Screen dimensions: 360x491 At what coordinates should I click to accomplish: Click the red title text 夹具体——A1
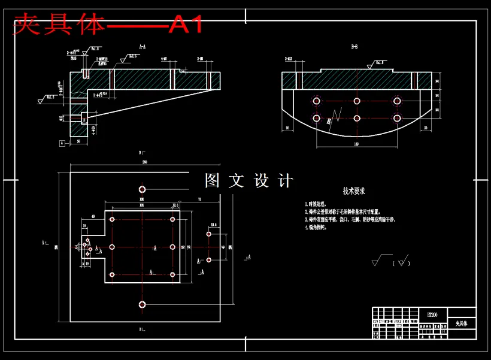click(108, 25)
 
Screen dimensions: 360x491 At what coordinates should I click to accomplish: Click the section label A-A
click(143, 46)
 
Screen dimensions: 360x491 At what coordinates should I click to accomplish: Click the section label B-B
click(355, 46)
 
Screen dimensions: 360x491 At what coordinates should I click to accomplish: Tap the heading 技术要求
click(354, 191)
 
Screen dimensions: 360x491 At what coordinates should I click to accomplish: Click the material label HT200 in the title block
click(431, 313)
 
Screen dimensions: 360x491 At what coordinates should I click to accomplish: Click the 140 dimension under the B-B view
click(356, 144)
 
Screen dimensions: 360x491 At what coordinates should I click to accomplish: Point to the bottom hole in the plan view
click(142, 304)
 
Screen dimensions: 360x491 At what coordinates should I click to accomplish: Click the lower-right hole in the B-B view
click(396, 118)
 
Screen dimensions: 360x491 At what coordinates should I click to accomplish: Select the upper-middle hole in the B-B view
click(357, 101)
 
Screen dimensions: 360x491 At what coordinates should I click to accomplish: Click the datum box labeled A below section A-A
click(62, 143)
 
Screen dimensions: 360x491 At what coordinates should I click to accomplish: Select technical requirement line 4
click(318, 228)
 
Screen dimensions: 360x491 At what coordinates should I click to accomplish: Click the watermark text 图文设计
click(248, 181)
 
